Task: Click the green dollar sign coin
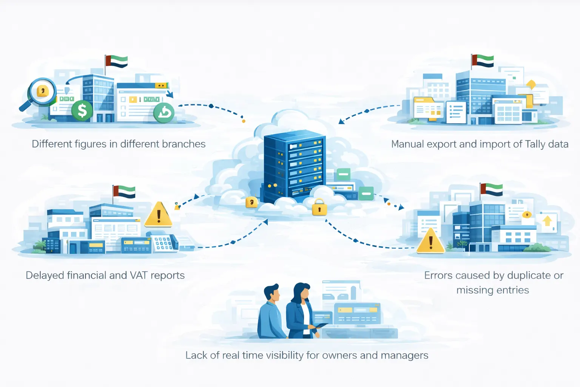[x=82, y=111]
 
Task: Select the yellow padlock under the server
[x=319, y=207]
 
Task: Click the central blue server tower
[x=294, y=164]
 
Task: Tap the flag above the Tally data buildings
[x=483, y=60]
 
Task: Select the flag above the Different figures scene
[x=117, y=62]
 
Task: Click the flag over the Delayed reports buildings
[x=124, y=192]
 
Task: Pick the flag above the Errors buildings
[x=492, y=189]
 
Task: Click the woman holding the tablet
[x=301, y=312]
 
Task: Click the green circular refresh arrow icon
[x=164, y=113]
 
